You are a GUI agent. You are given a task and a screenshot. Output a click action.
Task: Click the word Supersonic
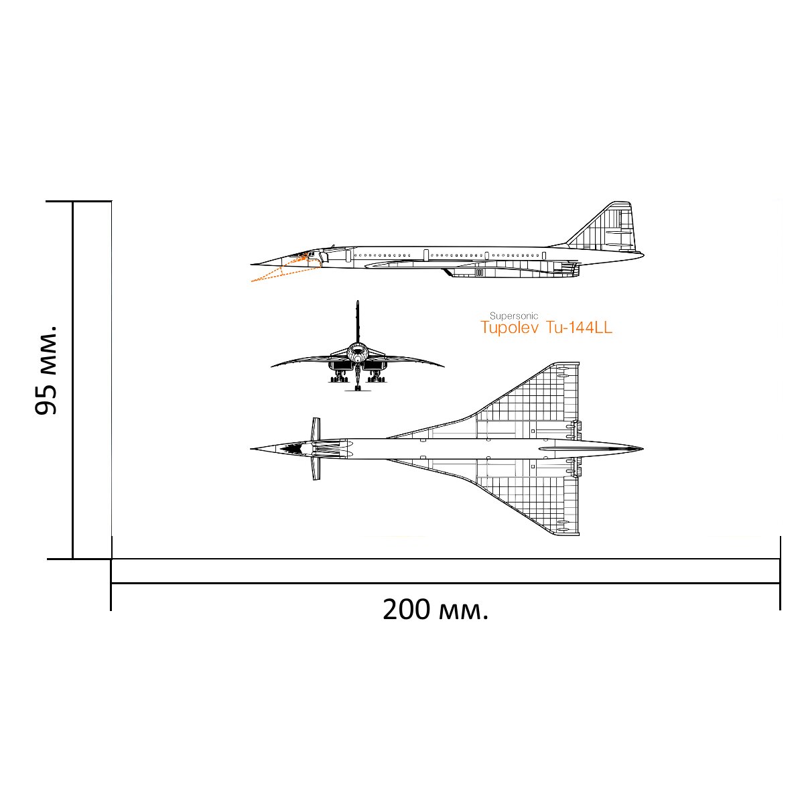click(x=514, y=316)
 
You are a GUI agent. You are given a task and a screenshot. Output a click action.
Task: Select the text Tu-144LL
click(x=579, y=328)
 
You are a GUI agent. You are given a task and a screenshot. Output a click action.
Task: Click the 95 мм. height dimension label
click(x=46, y=370)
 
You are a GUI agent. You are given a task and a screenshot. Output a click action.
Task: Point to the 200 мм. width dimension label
click(x=435, y=610)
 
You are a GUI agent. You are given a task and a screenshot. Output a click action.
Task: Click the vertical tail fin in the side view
click(x=605, y=226)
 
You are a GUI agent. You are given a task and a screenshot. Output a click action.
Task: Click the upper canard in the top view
click(x=316, y=429)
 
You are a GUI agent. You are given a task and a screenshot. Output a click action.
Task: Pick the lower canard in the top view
click(x=316, y=468)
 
